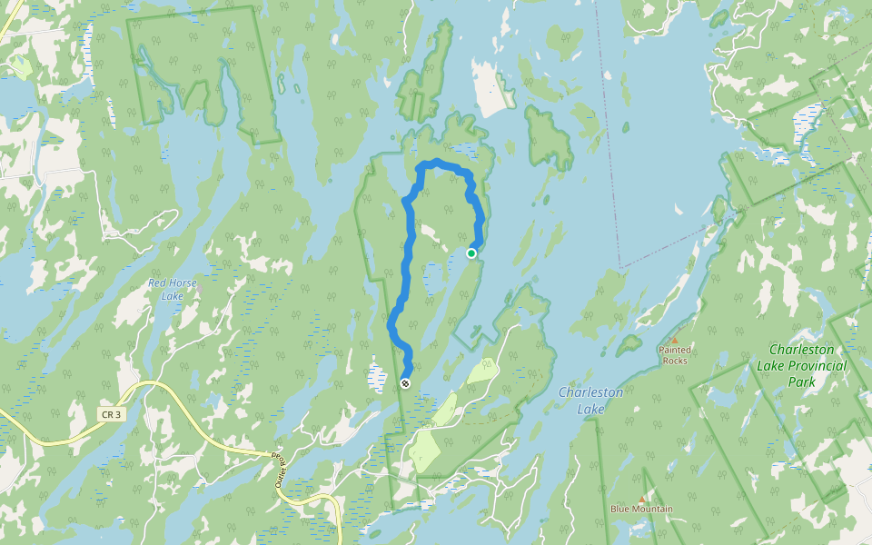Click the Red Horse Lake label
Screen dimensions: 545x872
tap(172, 289)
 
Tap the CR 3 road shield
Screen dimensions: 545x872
tap(111, 414)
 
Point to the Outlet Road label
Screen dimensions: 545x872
tap(280, 470)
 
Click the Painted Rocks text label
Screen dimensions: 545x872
tap(675, 354)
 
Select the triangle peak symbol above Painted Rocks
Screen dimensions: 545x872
tap(674, 341)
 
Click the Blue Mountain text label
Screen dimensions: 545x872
tap(641, 509)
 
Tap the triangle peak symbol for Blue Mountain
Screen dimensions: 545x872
tap(641, 499)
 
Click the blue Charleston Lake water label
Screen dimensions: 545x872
tap(590, 400)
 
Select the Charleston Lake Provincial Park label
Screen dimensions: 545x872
tap(808, 365)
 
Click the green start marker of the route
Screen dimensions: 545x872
tap(471, 253)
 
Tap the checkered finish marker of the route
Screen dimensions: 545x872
tap(405, 383)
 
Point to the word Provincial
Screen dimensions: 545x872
tap(817, 365)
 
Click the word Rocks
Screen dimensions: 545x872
tap(675, 360)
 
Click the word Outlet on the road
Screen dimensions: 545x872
tap(281, 478)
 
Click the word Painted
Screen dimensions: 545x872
tap(675, 350)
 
